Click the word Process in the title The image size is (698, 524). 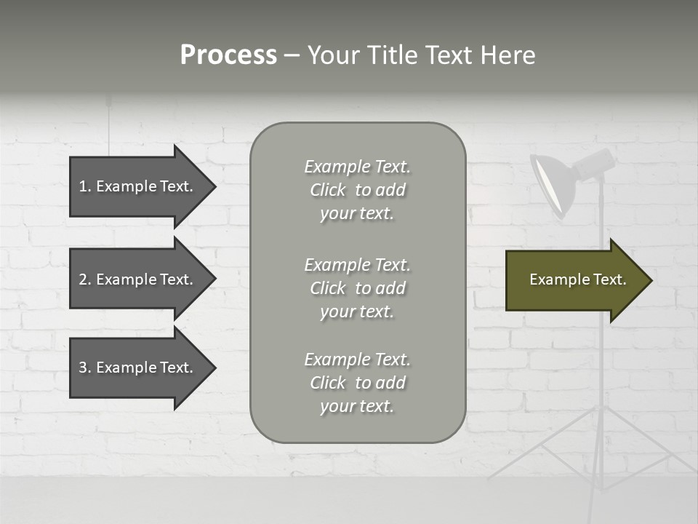(228, 55)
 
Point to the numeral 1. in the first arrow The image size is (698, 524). (84, 186)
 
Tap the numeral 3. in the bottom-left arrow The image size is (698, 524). (84, 368)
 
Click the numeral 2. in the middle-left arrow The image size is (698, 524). (84, 279)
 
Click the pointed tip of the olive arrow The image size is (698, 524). (649, 280)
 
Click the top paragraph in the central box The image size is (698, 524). (357, 190)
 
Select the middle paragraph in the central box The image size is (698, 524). (357, 288)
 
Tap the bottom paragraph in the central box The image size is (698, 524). (357, 383)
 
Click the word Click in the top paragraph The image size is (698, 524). (328, 190)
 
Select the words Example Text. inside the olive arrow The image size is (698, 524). (578, 279)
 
